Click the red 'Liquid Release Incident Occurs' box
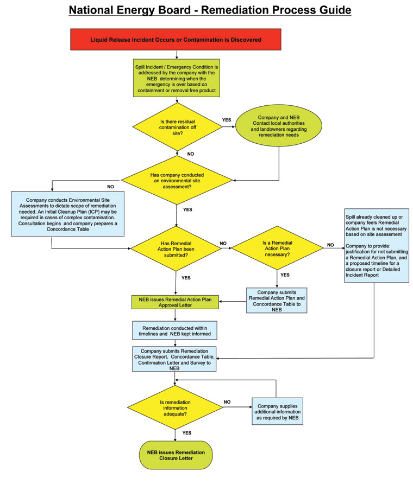pos(176,40)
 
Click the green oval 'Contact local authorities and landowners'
pos(279,126)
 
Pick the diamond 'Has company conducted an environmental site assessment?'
pos(176,180)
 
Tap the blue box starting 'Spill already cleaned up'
pos(376,246)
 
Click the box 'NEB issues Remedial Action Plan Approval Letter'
pos(176,302)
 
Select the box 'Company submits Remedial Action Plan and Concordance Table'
pos(277,301)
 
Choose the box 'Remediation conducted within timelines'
pos(175,330)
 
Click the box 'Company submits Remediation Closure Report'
pos(174,359)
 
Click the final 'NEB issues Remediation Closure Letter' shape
pos(176,455)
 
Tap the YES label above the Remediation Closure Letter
pos(186,433)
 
